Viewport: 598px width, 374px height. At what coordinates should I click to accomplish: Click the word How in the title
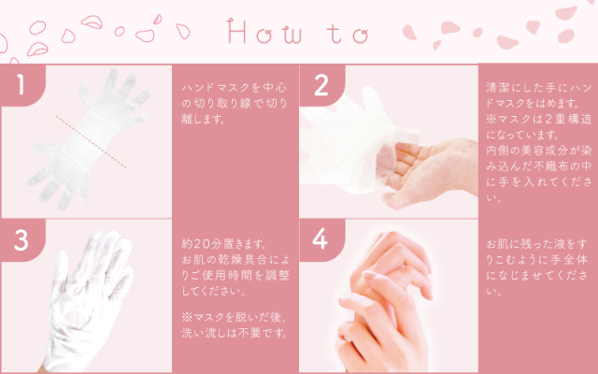264,35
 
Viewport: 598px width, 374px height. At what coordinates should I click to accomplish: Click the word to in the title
347,35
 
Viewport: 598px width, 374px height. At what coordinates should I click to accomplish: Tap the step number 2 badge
320,85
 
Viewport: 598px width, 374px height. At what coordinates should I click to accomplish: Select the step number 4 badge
320,239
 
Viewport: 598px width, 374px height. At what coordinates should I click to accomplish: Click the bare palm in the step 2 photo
420,159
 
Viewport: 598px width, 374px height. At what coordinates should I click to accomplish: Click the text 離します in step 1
202,121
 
